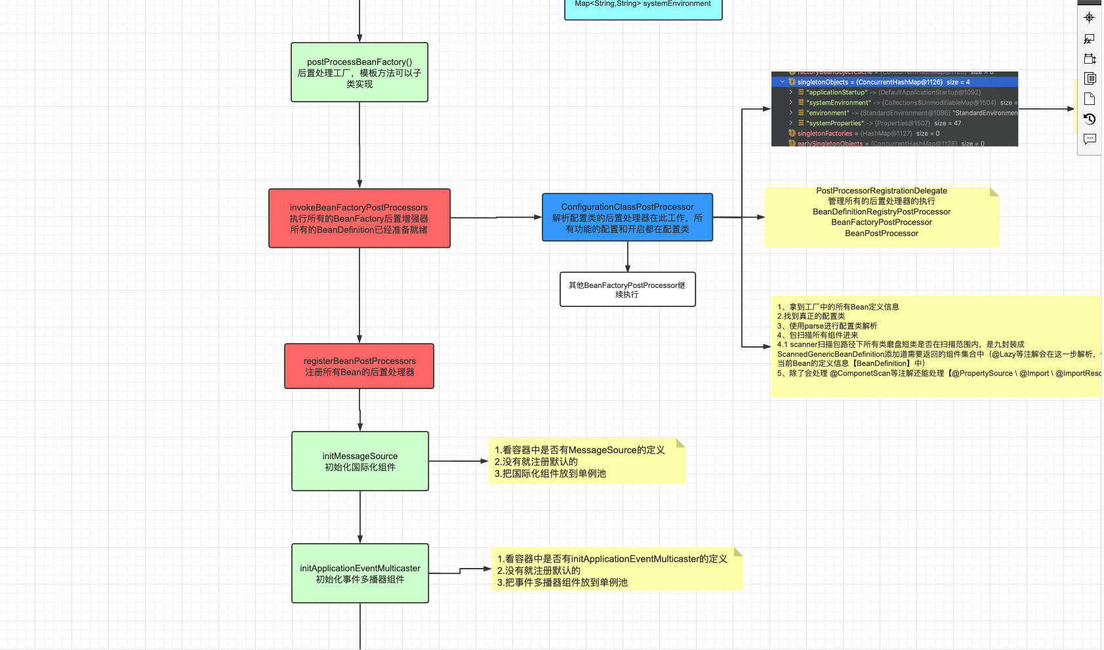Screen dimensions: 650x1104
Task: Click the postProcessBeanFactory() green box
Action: [359, 72]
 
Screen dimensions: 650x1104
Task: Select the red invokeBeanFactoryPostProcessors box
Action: [359, 218]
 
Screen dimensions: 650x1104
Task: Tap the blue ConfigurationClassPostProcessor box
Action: [627, 217]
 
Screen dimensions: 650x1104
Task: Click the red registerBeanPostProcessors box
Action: [359, 366]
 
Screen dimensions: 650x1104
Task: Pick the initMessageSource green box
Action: [360, 461]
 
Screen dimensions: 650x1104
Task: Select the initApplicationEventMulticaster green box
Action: [360, 573]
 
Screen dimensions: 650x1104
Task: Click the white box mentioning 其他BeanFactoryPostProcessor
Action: [627, 289]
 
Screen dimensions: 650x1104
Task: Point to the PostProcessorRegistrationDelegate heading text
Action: [881, 191]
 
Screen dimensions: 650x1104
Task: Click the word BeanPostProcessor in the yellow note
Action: [881, 234]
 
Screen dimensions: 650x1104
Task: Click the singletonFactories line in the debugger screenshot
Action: [825, 133]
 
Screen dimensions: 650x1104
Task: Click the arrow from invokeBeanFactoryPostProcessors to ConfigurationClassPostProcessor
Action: [496, 217]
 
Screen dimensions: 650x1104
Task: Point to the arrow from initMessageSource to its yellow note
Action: [459, 461]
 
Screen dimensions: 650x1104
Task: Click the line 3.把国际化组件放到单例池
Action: [550, 474]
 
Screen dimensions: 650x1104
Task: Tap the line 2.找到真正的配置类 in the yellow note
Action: [811, 316]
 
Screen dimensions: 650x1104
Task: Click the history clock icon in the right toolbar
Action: [1090, 119]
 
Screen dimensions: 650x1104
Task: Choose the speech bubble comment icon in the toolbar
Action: [1090, 139]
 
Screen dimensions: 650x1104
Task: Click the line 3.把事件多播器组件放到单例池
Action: [562, 582]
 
